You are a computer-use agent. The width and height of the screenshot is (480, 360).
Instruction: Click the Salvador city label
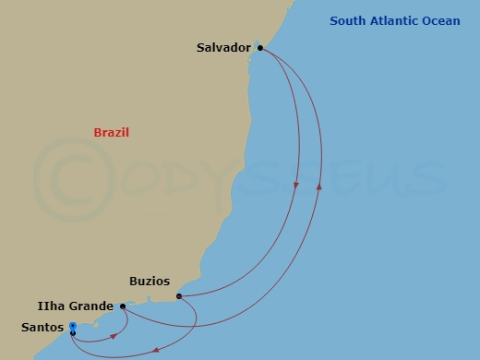(224, 47)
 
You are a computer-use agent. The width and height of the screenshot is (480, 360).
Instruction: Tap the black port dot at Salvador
(260, 47)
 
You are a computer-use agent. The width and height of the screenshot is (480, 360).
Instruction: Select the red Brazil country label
(111, 133)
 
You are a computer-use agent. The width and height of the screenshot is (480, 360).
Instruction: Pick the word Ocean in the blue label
(440, 21)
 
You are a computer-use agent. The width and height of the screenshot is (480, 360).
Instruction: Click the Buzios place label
(150, 282)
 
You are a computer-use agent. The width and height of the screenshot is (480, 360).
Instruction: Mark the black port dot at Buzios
(178, 296)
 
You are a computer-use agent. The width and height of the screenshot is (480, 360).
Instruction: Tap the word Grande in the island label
(93, 306)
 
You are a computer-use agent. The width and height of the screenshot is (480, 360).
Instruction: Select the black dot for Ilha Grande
(123, 306)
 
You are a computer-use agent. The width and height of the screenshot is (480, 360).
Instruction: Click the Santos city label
(43, 327)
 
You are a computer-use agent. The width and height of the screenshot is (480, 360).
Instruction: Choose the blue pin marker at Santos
(73, 326)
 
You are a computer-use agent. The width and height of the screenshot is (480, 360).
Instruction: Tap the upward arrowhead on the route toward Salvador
(320, 186)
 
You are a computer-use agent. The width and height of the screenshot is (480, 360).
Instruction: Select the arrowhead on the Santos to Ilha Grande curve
(114, 335)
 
